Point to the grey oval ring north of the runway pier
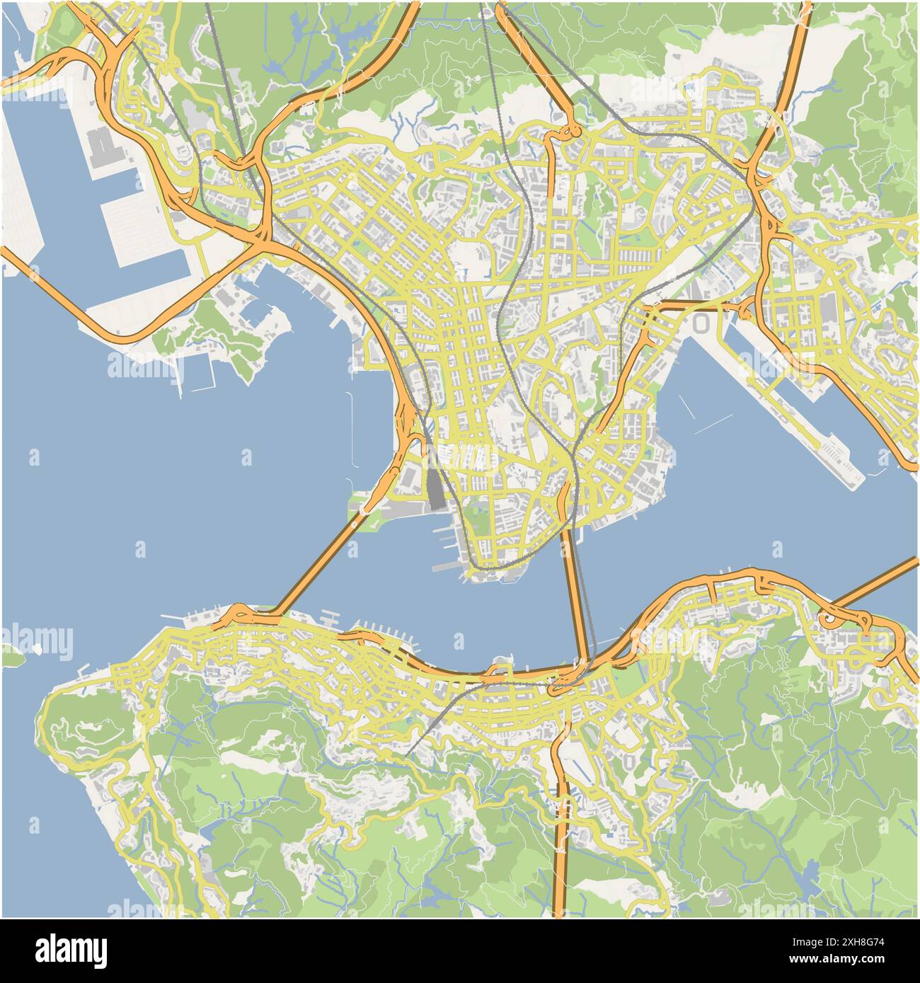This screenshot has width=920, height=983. pos(701,323)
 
